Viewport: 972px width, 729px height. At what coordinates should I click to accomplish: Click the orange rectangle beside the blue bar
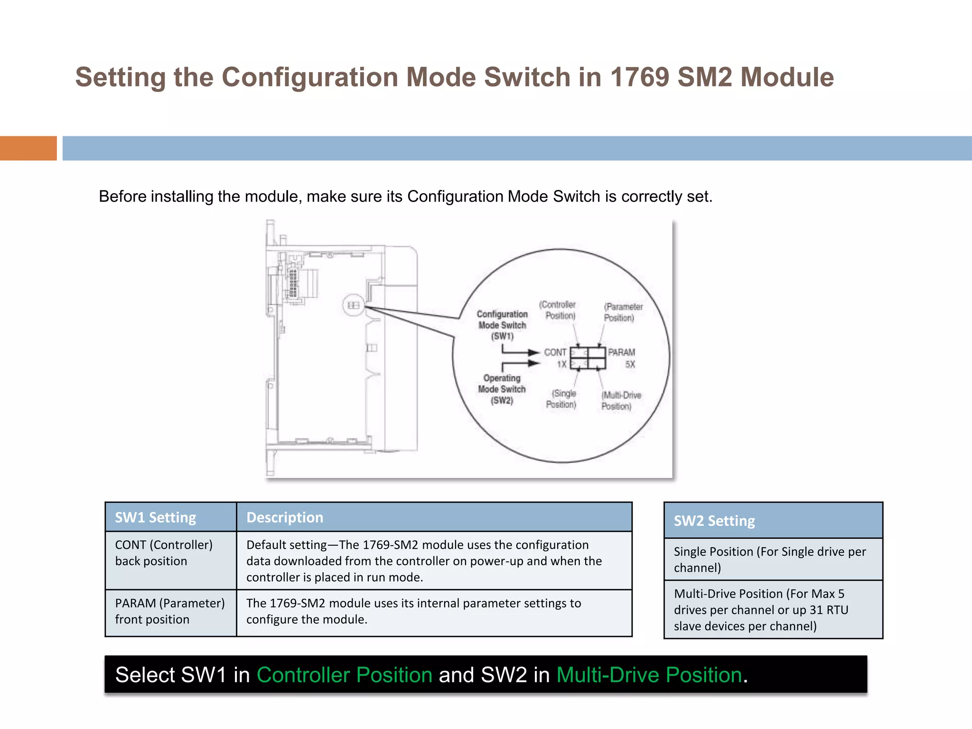pyautogui.click(x=28, y=148)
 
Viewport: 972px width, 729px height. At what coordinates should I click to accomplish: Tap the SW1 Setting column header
pyautogui.click(x=156, y=517)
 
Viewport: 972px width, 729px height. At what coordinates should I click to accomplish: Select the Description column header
pyautogui.click(x=285, y=517)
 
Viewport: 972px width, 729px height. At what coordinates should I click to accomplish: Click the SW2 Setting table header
pyautogui.click(x=714, y=521)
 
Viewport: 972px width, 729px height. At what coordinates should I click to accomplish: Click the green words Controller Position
pyautogui.click(x=345, y=674)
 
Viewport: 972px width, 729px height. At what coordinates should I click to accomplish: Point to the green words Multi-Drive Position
pyautogui.click(x=649, y=674)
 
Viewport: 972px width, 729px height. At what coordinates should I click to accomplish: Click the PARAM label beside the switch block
pyautogui.click(x=621, y=352)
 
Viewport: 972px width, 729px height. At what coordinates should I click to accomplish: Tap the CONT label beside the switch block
pyautogui.click(x=555, y=352)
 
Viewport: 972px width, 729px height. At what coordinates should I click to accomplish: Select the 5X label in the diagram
pyautogui.click(x=630, y=364)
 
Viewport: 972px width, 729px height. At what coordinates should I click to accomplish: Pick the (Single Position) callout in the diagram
pyautogui.click(x=562, y=399)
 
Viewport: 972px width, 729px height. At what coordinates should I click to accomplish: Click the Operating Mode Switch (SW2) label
pyautogui.click(x=502, y=389)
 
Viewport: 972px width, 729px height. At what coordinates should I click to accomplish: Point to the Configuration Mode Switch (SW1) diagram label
pyautogui.click(x=502, y=325)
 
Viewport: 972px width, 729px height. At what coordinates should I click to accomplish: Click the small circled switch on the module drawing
pyautogui.click(x=354, y=305)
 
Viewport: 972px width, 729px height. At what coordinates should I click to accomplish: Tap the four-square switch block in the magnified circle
pyautogui.click(x=588, y=358)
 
